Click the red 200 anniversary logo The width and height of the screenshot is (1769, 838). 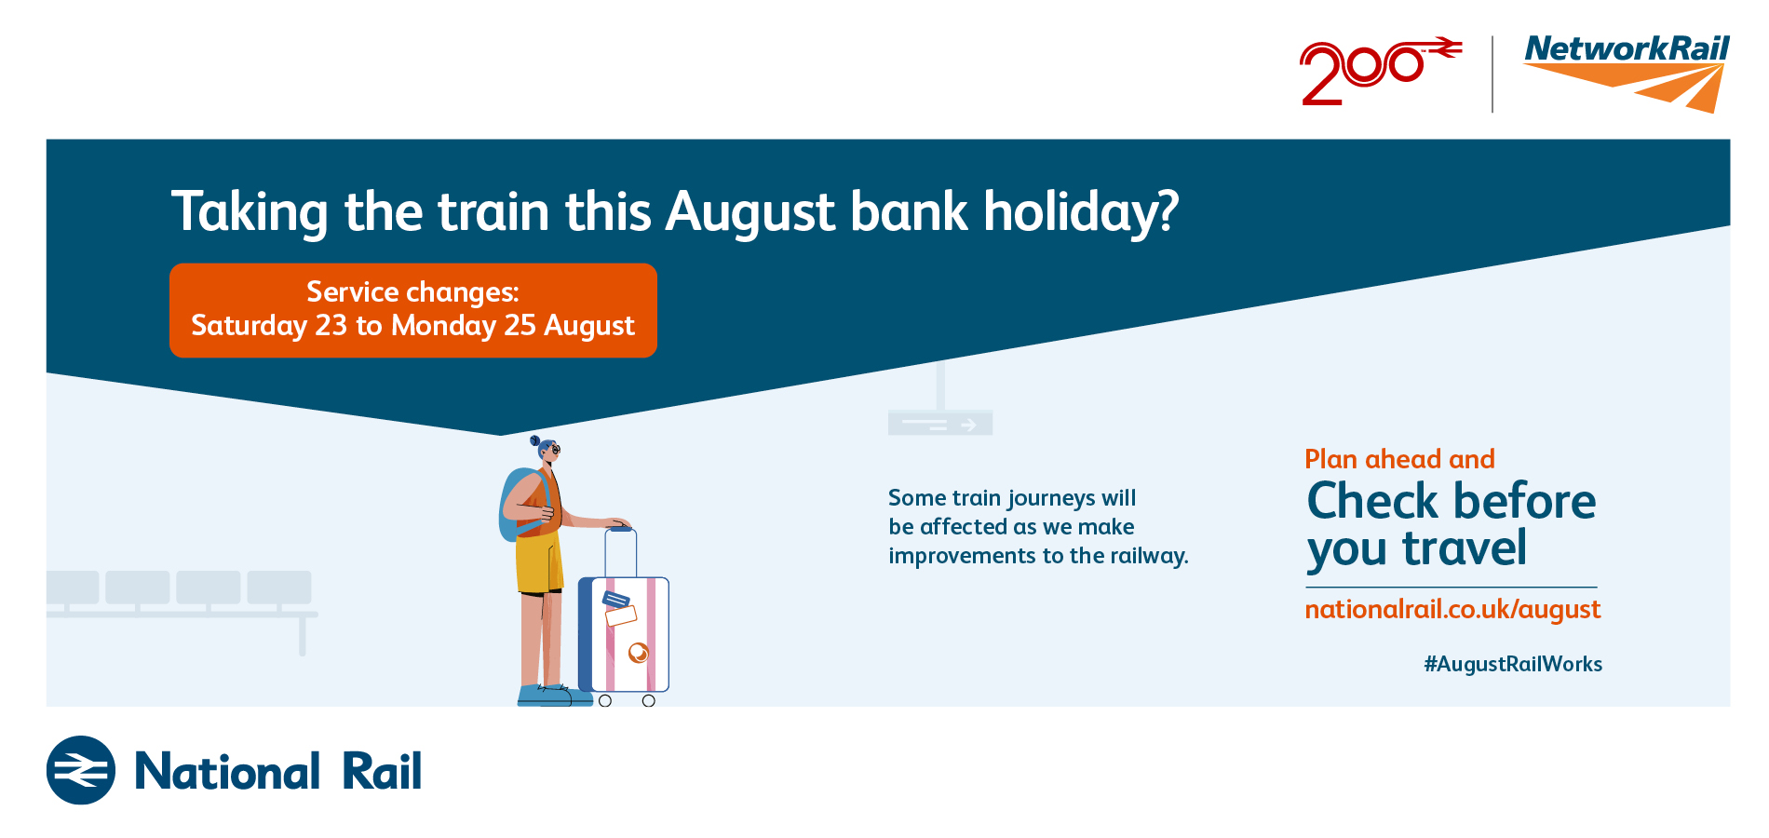tap(1380, 71)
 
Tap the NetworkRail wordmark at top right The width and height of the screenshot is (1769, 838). tap(1627, 48)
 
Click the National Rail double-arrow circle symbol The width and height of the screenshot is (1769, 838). tap(81, 770)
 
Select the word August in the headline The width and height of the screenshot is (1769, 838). tap(749, 213)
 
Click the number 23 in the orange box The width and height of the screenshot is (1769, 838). tap(331, 325)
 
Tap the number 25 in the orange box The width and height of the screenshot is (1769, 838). tap(520, 325)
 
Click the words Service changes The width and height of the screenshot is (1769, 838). tap(412, 292)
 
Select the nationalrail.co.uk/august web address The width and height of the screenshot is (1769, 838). tap(1452, 610)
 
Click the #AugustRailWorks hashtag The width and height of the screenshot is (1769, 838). tap(1513, 664)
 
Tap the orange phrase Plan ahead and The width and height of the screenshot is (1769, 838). tap(1399, 459)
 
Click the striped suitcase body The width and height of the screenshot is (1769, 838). tap(624, 634)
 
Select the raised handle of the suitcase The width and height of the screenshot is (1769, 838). tap(621, 552)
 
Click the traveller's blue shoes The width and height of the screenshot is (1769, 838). tap(554, 696)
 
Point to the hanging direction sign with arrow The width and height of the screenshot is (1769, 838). tap(940, 424)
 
